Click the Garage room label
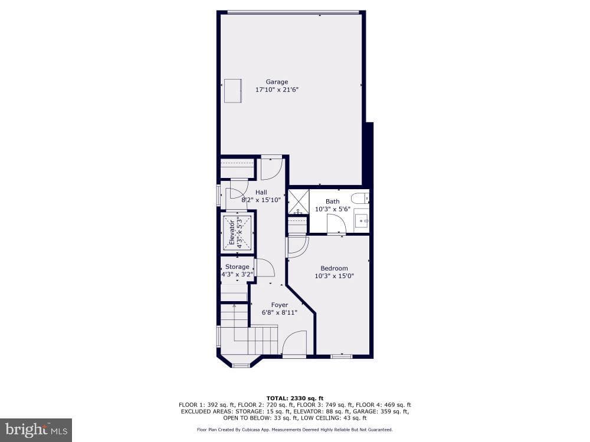(x=277, y=81)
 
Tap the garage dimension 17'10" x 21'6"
(x=277, y=90)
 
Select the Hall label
(x=261, y=192)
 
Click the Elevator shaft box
(x=237, y=233)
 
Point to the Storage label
(x=237, y=266)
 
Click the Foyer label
(x=280, y=305)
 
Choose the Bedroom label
(x=334, y=268)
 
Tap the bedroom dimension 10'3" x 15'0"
(x=334, y=276)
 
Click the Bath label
(x=333, y=202)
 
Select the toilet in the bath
(x=360, y=197)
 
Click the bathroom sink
(x=362, y=222)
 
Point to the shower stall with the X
(x=299, y=202)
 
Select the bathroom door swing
(x=336, y=224)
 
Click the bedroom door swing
(x=298, y=247)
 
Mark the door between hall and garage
(x=271, y=167)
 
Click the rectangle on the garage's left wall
(x=233, y=91)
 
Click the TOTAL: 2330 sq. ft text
(x=295, y=398)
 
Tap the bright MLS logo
(x=36, y=430)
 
